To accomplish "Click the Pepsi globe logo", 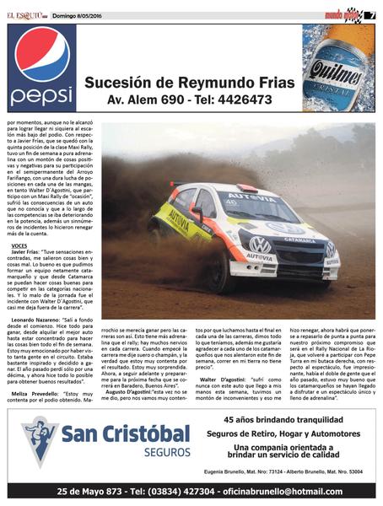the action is (x=41, y=53).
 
